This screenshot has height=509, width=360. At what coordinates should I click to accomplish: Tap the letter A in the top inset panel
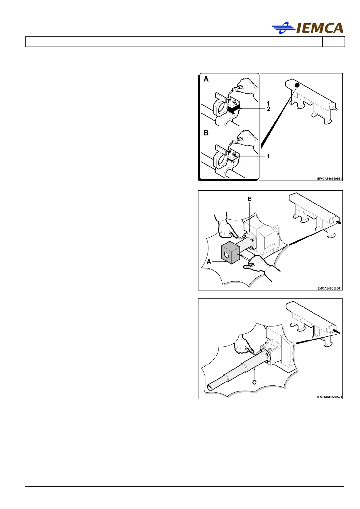click(206, 79)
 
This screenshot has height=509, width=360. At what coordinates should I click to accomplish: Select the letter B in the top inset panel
click(206, 133)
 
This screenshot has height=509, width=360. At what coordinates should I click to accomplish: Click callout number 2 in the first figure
click(268, 109)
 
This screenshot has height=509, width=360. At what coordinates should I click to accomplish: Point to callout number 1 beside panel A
click(268, 104)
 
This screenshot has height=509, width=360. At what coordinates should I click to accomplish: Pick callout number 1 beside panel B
click(268, 157)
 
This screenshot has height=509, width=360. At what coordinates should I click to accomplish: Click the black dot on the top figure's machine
click(297, 86)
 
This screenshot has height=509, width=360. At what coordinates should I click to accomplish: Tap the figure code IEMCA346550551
click(329, 179)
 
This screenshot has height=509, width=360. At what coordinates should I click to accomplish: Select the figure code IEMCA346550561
click(329, 288)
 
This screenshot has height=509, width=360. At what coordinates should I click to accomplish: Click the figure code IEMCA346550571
click(329, 397)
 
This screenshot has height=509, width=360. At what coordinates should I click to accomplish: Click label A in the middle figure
click(209, 262)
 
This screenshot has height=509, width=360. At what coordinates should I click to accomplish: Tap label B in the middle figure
click(250, 199)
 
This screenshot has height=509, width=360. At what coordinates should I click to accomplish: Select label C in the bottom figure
click(254, 382)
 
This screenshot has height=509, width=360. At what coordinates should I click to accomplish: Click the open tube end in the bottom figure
click(210, 388)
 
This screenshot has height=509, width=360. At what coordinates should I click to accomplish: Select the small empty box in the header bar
click(333, 42)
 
